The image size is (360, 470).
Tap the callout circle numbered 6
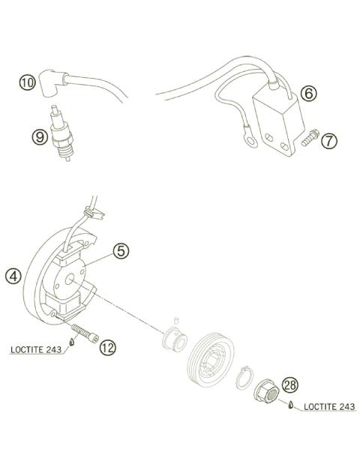(307, 94)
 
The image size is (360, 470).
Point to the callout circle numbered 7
(329, 139)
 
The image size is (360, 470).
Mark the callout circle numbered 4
(13, 276)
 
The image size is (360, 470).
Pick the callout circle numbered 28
(289, 384)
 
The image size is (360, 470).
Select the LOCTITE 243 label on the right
(329, 407)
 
